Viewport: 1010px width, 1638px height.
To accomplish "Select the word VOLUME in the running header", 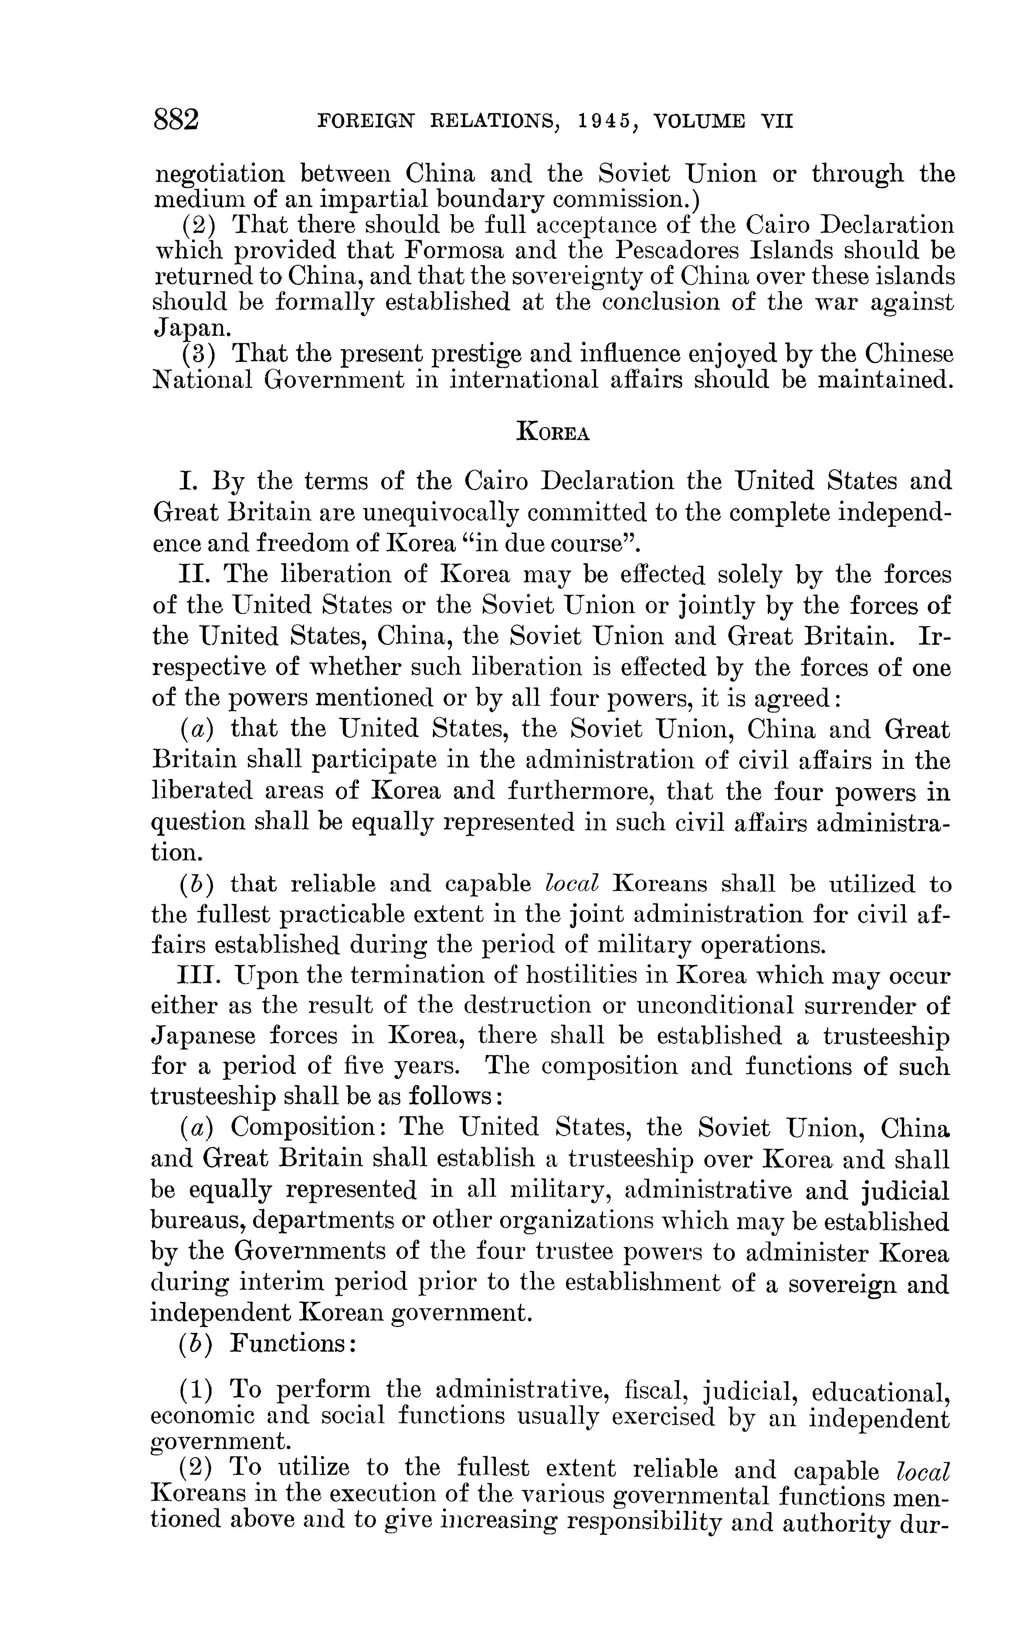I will point(699,121).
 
